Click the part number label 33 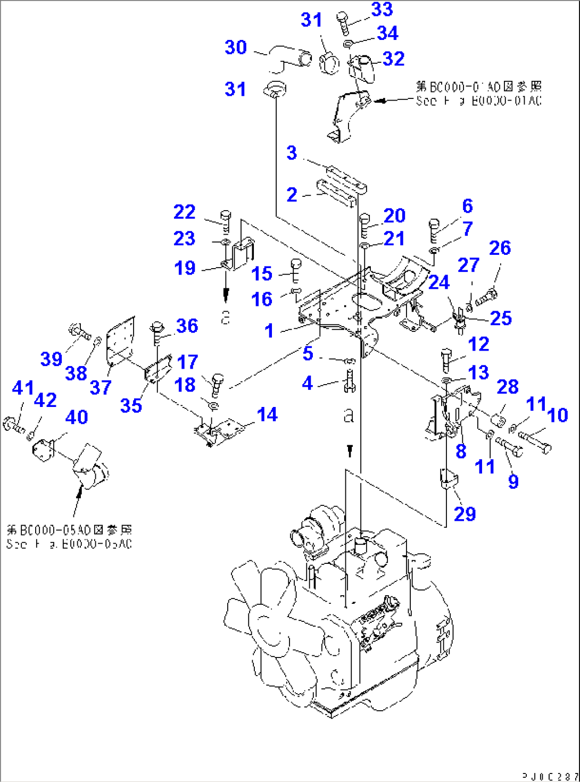point(382,9)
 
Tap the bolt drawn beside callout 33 point(343,23)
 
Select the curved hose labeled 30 point(288,58)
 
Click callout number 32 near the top point(394,59)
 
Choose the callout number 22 point(185,212)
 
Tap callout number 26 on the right point(500,248)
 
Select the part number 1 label point(269,330)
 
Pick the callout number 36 point(187,326)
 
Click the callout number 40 point(77,417)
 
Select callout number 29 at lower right point(465,514)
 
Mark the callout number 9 point(513,481)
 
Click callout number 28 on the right point(507,387)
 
